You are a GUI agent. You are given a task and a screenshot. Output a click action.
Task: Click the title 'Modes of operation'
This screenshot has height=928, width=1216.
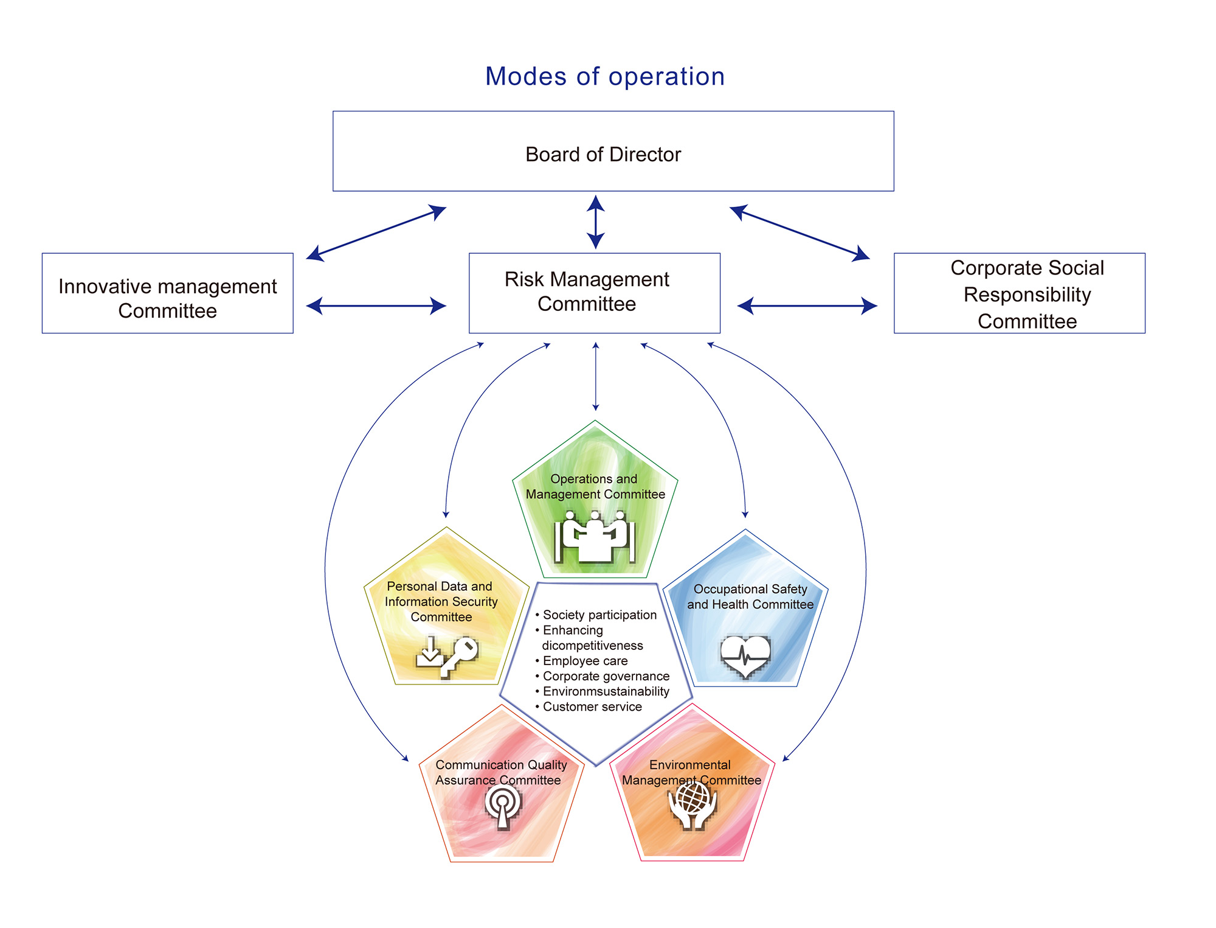coord(605,77)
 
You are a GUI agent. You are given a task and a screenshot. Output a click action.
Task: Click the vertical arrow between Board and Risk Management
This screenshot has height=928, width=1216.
coord(596,222)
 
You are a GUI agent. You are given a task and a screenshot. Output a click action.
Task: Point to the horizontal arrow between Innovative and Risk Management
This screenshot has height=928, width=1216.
coord(376,305)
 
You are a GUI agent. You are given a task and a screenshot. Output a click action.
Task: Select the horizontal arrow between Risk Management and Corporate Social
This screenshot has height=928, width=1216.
coord(807,305)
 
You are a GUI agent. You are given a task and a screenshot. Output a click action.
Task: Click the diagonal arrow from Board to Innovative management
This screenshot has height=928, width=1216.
coord(376,233)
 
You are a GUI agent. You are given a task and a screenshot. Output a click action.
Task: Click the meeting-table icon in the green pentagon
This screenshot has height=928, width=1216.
coord(595,537)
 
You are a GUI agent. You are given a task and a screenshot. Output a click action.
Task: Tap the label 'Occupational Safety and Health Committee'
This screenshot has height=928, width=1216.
coord(750,597)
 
